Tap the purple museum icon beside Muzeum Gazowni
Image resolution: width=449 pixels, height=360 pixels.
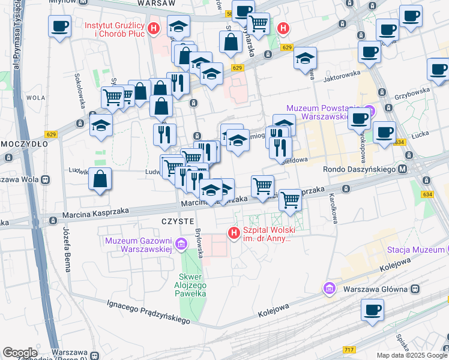181,244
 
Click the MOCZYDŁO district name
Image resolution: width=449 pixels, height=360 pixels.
20,145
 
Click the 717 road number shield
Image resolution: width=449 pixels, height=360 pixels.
349,349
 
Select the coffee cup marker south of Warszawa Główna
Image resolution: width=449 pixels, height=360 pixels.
373,310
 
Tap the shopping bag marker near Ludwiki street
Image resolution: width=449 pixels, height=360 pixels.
100,179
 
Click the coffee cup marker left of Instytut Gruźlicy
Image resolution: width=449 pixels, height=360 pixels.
59,27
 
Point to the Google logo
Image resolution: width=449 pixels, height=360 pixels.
20,353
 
